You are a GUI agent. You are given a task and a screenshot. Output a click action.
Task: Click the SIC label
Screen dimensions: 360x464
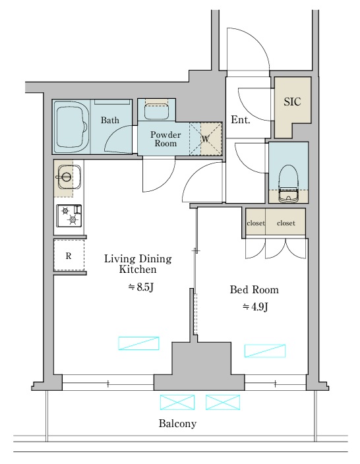click(292, 101)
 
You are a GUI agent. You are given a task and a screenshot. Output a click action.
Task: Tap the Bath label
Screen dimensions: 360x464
click(110, 120)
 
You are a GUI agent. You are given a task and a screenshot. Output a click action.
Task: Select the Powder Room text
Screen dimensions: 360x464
click(165, 139)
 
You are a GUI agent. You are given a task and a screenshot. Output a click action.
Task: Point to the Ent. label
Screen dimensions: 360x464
click(241, 120)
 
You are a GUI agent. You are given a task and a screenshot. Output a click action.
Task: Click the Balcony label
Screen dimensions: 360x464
click(177, 423)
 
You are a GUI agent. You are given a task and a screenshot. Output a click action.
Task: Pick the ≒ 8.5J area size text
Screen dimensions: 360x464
click(140, 287)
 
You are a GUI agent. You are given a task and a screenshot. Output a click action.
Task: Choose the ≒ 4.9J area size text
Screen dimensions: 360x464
click(255, 307)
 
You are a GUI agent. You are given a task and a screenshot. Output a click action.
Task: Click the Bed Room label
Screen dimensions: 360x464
click(255, 289)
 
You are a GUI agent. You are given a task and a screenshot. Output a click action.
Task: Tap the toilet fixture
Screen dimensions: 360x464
click(288, 183)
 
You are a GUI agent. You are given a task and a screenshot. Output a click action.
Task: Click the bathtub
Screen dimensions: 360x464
click(71, 127)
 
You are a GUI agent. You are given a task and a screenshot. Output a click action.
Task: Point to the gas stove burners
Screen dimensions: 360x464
click(69, 216)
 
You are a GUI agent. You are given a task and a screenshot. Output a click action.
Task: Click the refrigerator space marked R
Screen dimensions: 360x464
click(69, 255)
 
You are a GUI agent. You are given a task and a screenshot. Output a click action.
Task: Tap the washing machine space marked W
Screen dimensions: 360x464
click(206, 139)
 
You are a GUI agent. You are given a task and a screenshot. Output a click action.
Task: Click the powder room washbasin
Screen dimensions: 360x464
click(157, 110)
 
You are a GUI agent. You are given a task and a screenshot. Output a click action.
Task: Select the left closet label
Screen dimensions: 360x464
click(256, 223)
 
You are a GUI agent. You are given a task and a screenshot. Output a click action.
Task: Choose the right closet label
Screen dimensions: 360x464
click(286, 223)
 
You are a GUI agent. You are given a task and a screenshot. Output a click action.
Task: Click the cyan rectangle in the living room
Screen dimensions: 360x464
click(138, 343)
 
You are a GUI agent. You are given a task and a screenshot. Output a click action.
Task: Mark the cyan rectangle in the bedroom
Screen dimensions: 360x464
click(265, 351)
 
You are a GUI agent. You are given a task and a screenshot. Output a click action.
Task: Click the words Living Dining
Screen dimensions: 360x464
click(138, 259)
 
